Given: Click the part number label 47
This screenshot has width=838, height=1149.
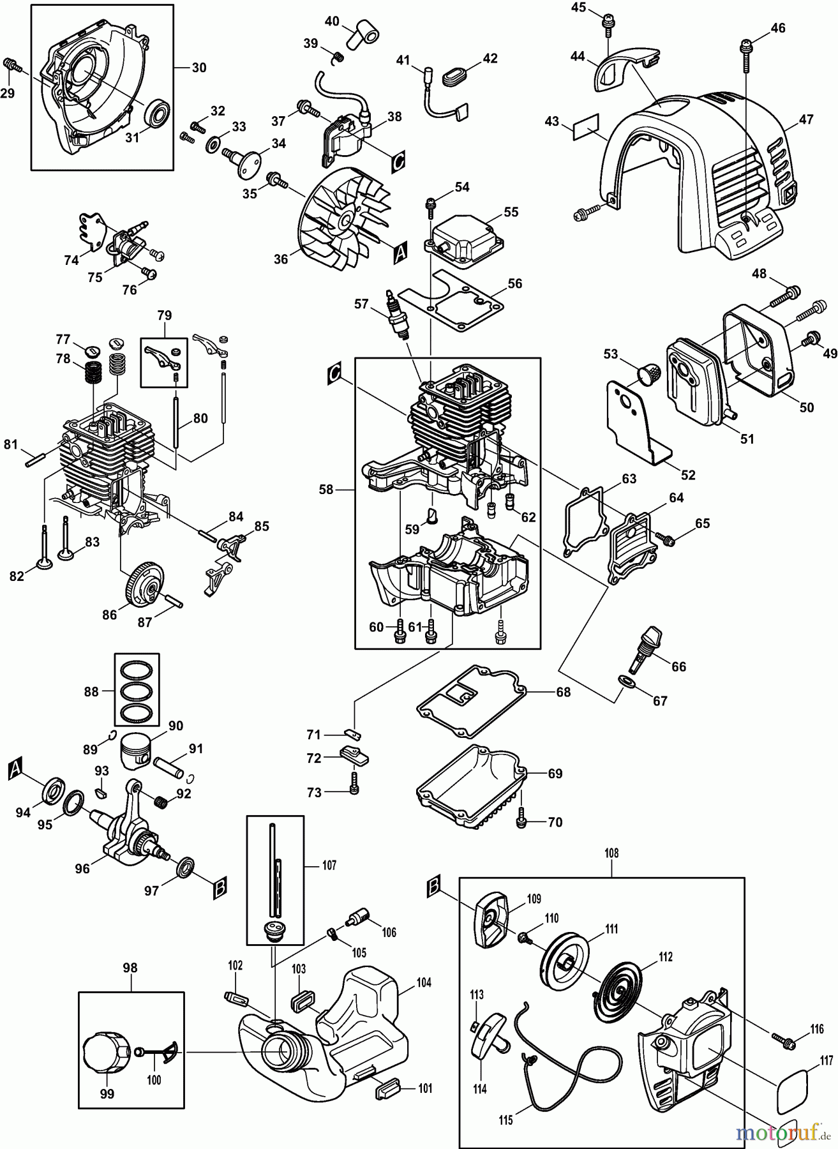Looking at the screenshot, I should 806,119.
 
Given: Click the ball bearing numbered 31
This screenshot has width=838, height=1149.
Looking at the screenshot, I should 156,115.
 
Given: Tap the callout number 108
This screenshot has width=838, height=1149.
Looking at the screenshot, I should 611,853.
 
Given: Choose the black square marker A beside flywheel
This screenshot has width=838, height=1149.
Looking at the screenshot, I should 400,254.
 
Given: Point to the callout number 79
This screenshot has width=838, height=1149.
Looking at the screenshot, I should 164,315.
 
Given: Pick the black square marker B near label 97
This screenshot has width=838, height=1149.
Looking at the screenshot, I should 219,888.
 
